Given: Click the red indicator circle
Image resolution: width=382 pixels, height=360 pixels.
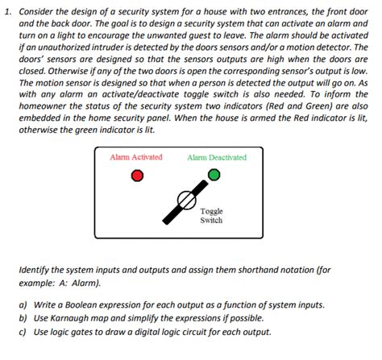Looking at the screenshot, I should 138,175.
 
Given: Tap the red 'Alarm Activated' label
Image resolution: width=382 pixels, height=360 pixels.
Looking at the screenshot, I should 136,157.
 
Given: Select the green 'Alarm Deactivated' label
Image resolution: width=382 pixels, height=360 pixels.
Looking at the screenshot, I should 217,157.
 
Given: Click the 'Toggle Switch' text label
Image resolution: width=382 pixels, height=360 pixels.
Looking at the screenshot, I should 211,215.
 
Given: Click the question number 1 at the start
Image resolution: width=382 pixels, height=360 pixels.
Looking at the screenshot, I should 6,13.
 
